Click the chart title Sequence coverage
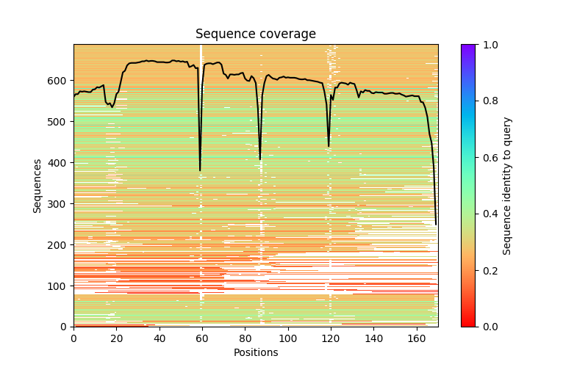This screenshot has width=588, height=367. click(255, 34)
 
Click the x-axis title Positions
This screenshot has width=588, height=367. click(255, 352)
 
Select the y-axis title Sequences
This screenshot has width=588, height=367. click(37, 186)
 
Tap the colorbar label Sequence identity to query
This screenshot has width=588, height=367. click(507, 186)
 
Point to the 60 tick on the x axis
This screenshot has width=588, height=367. click(202, 327)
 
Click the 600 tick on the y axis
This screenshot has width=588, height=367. click(73, 80)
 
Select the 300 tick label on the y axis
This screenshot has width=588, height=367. click(59, 203)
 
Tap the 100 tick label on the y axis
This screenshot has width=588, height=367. click(59, 286)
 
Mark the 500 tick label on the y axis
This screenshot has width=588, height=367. click(59, 121)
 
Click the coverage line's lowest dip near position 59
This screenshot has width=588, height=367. click(200, 170)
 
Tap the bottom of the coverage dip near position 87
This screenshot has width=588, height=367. click(260, 159)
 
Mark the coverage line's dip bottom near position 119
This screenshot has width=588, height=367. click(329, 146)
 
